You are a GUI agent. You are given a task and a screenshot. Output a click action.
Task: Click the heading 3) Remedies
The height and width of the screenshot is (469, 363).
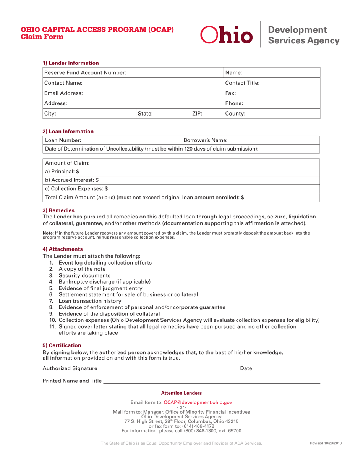click(58, 210)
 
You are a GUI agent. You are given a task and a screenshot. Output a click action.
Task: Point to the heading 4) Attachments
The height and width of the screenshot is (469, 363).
click(62, 249)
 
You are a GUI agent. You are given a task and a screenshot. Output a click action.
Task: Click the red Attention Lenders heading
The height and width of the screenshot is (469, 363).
click(181, 393)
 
